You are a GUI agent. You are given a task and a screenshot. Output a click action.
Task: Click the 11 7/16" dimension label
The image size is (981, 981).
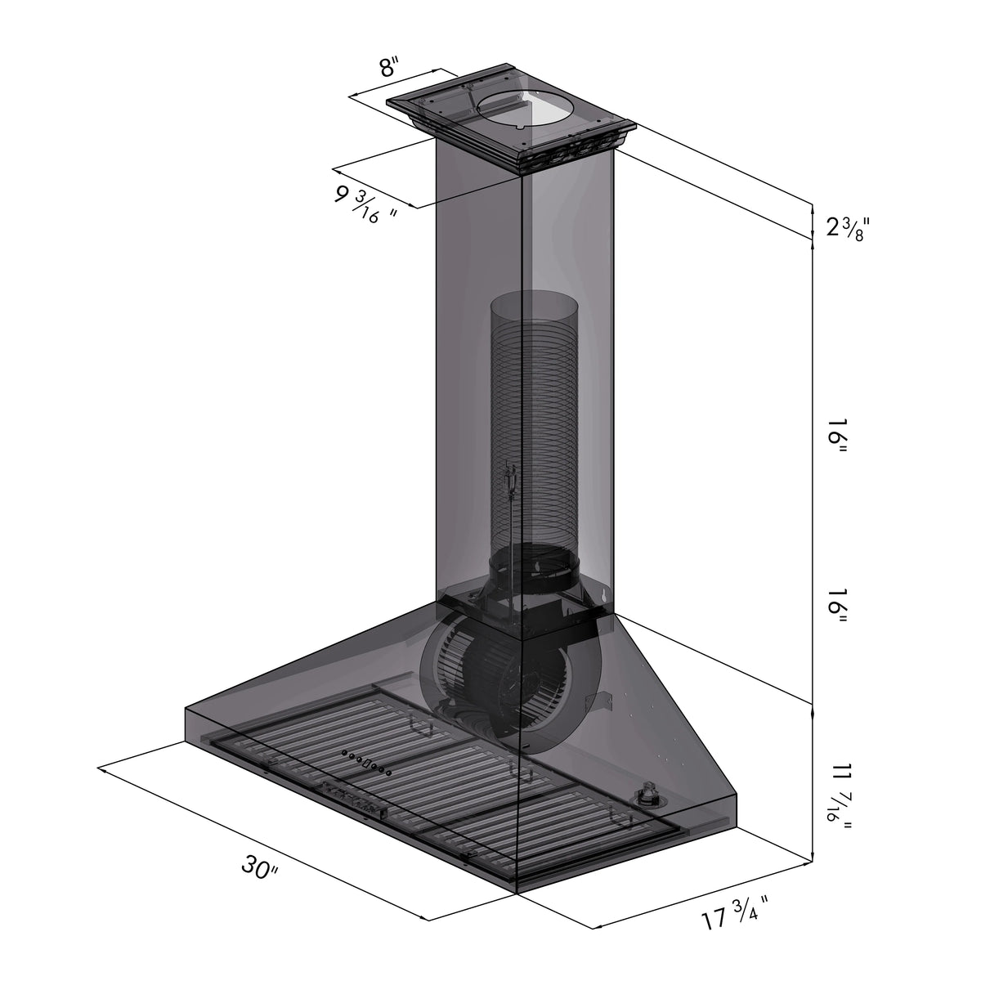click(842, 797)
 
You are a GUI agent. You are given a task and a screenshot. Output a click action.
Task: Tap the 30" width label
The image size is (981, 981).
click(260, 868)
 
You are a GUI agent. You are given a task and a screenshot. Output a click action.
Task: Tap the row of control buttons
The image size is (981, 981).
click(367, 764)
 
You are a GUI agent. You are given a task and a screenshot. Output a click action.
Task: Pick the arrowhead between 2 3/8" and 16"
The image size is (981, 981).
click(812, 238)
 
